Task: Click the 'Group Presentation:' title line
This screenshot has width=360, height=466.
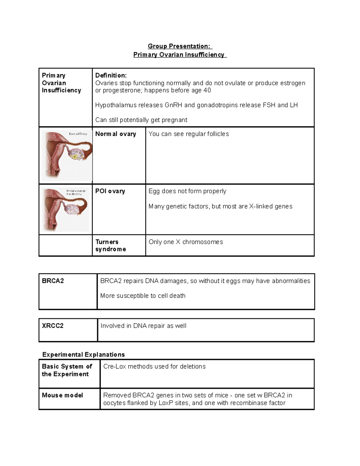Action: [180, 46]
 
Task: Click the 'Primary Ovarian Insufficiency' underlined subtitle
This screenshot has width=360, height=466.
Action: [179, 55]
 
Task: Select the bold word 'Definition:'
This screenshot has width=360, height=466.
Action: [111, 76]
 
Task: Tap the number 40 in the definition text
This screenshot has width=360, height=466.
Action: [207, 90]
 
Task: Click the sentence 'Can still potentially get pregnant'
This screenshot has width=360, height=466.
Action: [141, 120]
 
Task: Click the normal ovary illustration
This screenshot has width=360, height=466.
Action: [67, 155]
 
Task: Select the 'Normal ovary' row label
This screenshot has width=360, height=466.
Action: [115, 134]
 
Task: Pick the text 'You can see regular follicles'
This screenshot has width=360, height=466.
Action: [188, 134]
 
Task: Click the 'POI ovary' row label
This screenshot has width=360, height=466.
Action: [110, 191]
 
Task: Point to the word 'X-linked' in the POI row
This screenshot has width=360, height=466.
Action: [260, 206]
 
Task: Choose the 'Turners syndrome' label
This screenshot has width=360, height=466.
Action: [110, 245]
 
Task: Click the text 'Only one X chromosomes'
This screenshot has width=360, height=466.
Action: [186, 242]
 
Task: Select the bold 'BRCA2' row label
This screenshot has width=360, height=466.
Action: [53, 281]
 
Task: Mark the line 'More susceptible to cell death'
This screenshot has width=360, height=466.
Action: [143, 296]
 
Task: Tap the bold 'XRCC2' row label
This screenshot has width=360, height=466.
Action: [53, 326]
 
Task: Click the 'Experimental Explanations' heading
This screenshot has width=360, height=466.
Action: [83, 355]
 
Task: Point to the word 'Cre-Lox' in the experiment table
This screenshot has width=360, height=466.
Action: [114, 367]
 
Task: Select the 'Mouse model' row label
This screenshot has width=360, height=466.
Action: [62, 395]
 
